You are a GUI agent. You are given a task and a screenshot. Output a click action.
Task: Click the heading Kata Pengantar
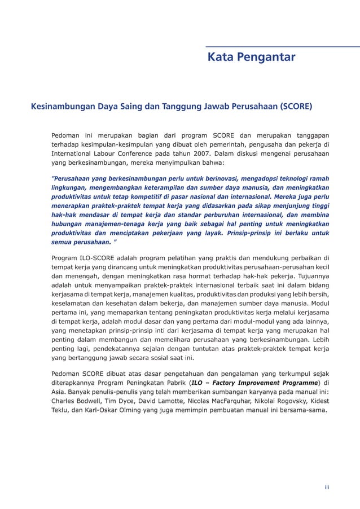[251, 57]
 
